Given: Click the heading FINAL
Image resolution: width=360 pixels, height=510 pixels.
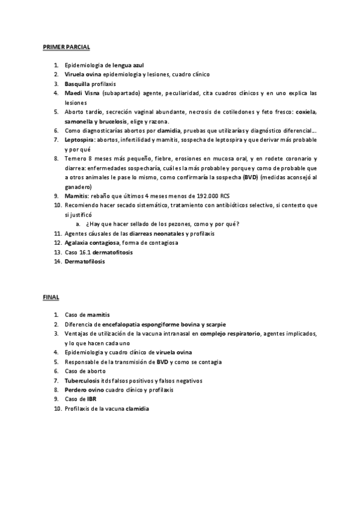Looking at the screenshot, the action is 50,297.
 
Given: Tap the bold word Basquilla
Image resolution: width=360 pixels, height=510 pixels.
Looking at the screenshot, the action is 78,84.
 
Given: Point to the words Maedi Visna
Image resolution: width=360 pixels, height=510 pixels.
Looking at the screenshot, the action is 82,93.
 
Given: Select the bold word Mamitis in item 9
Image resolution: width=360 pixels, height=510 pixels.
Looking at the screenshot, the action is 76,196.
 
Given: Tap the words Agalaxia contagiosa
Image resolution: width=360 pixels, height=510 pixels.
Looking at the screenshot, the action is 92,242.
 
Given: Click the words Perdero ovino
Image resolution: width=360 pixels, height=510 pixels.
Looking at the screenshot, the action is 85,390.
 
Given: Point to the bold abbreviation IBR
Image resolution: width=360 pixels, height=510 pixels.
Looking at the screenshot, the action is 91,399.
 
